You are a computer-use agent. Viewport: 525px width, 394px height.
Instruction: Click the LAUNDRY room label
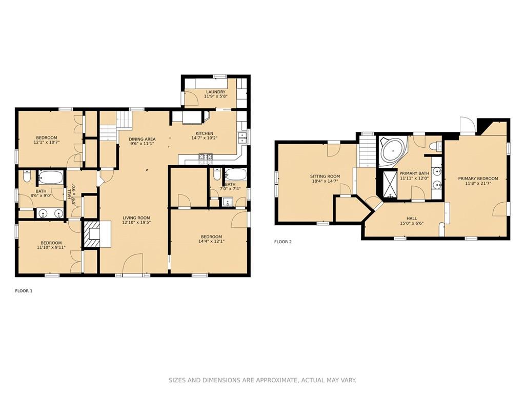216,92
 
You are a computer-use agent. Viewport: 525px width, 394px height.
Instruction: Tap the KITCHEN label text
204,133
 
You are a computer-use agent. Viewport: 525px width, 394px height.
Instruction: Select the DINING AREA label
142,139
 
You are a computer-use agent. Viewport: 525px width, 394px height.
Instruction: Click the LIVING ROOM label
136,218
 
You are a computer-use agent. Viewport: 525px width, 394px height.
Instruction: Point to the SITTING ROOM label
325,176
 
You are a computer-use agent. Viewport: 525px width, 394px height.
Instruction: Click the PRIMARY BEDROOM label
478,179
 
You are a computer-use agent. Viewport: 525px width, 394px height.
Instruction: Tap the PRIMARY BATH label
414,173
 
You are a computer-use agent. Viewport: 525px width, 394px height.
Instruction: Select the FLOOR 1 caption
24,291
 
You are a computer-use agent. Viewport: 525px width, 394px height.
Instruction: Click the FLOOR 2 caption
283,242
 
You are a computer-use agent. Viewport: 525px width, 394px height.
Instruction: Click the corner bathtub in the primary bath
393,151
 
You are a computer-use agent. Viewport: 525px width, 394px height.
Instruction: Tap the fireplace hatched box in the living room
91,234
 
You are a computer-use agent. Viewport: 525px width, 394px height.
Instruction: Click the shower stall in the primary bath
389,184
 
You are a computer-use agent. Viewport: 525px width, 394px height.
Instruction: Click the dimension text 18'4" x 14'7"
325,181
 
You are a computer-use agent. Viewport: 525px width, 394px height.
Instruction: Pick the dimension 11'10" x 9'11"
51,248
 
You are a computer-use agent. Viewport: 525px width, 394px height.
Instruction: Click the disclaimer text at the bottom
262,380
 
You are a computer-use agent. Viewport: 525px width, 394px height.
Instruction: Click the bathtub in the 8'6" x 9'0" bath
50,177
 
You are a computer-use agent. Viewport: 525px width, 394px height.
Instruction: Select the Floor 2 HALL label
412,218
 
